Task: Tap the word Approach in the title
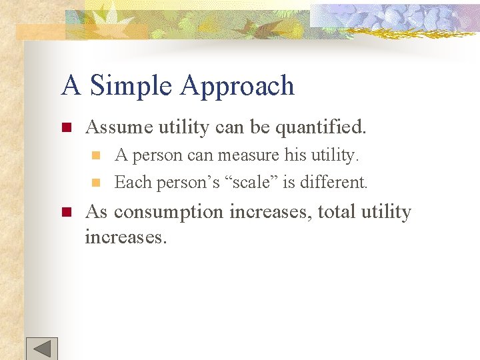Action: coord(237,87)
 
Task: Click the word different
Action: coord(335,181)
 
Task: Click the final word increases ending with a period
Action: coord(125,236)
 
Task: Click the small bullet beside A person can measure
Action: coord(95,155)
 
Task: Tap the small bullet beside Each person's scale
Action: coord(95,182)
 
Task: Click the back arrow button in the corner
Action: coord(42,349)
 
